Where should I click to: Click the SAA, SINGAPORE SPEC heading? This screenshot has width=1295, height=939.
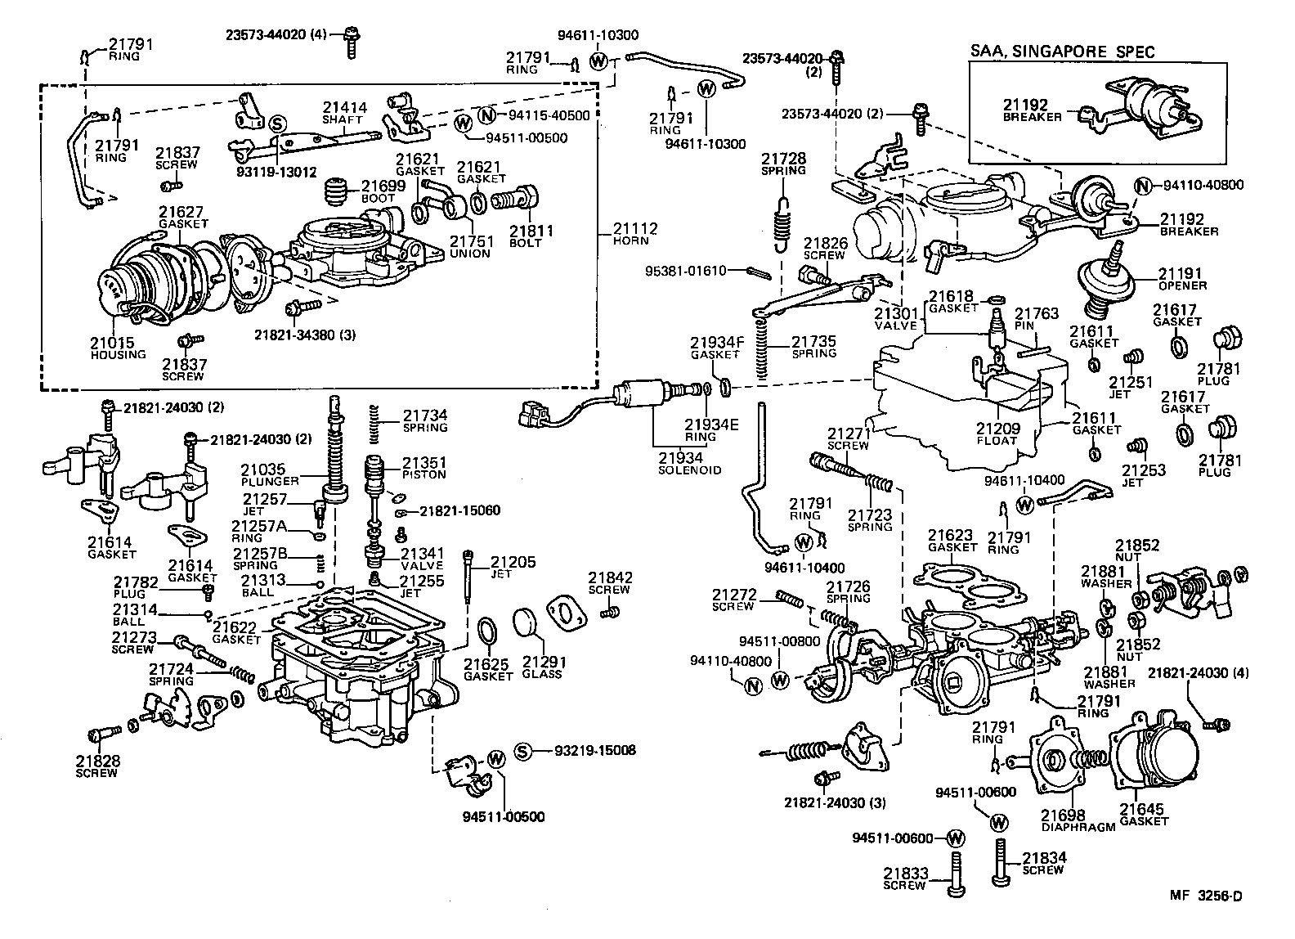1062,52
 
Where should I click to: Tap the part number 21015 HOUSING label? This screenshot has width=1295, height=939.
118,348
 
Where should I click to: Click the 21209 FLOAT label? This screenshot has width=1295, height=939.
997,434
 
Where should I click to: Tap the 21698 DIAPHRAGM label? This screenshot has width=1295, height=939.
1076,820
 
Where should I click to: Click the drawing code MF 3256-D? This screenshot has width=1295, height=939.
1204,896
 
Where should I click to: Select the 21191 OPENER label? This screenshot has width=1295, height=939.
1181,279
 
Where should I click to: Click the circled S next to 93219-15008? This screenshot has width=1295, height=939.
523,751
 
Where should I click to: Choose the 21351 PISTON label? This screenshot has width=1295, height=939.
423,468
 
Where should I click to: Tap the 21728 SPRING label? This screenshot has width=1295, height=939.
783,164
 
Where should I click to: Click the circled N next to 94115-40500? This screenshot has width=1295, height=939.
487,115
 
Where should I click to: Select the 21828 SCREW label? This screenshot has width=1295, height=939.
97,766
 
